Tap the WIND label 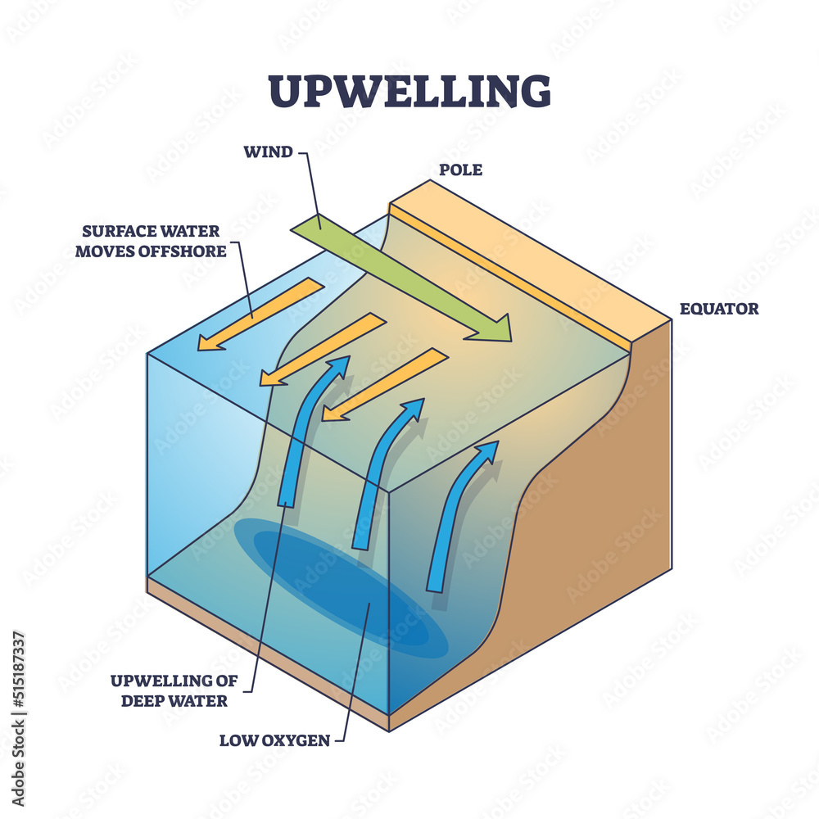(x=268, y=152)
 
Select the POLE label (x=460, y=170)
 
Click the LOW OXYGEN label (x=274, y=741)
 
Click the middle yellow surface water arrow (x=322, y=349)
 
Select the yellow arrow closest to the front (x=384, y=384)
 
